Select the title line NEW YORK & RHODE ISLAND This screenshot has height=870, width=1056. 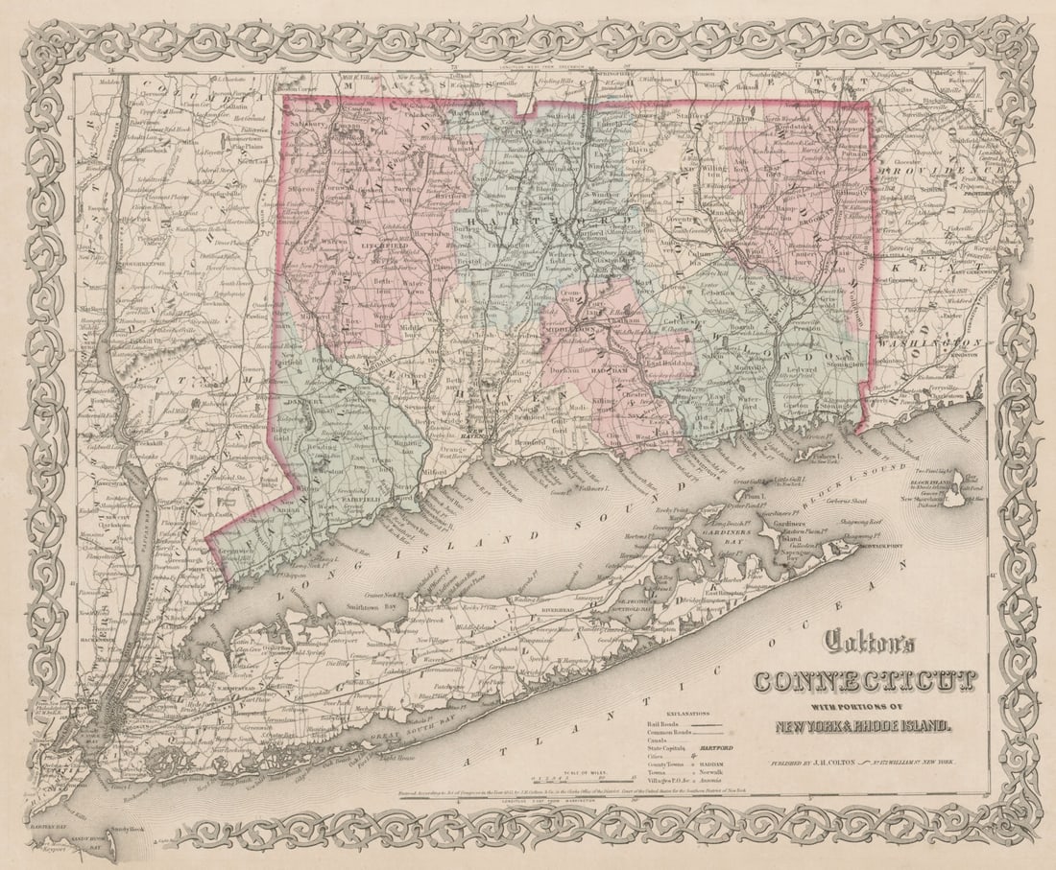click(x=864, y=726)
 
